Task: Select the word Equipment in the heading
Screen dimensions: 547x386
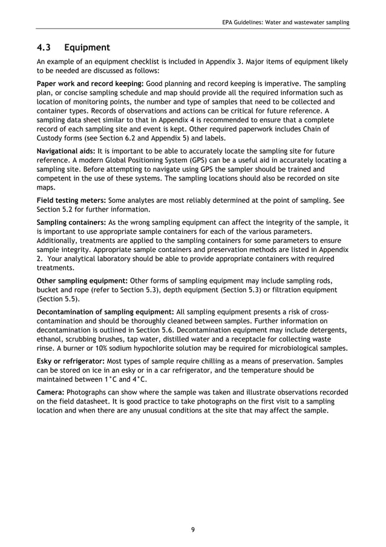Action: (x=87, y=47)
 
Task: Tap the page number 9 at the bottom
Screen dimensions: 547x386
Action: (x=192, y=529)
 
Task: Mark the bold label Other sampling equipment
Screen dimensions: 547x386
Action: (x=82, y=281)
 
